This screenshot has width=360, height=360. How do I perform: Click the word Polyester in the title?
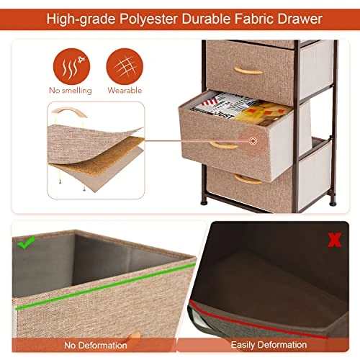148,19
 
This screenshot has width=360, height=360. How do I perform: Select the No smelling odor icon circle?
71,66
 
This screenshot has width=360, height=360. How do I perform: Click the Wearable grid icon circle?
125,66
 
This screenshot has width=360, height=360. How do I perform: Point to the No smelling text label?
71,91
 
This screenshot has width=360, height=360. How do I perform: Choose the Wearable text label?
125,91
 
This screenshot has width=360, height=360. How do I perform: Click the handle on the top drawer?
248,71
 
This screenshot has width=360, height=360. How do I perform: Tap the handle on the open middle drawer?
223,145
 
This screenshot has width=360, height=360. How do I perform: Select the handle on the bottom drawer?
248,180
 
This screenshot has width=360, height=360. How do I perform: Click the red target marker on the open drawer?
253,141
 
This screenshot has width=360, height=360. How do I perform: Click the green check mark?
26,242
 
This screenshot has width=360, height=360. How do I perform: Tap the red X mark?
335,240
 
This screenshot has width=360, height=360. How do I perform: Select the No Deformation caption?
96,346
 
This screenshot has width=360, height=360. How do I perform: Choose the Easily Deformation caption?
269,345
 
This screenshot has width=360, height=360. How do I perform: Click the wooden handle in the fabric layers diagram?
69,111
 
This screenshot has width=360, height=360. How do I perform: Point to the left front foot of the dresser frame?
204,202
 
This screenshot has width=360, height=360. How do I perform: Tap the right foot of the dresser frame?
333,202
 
